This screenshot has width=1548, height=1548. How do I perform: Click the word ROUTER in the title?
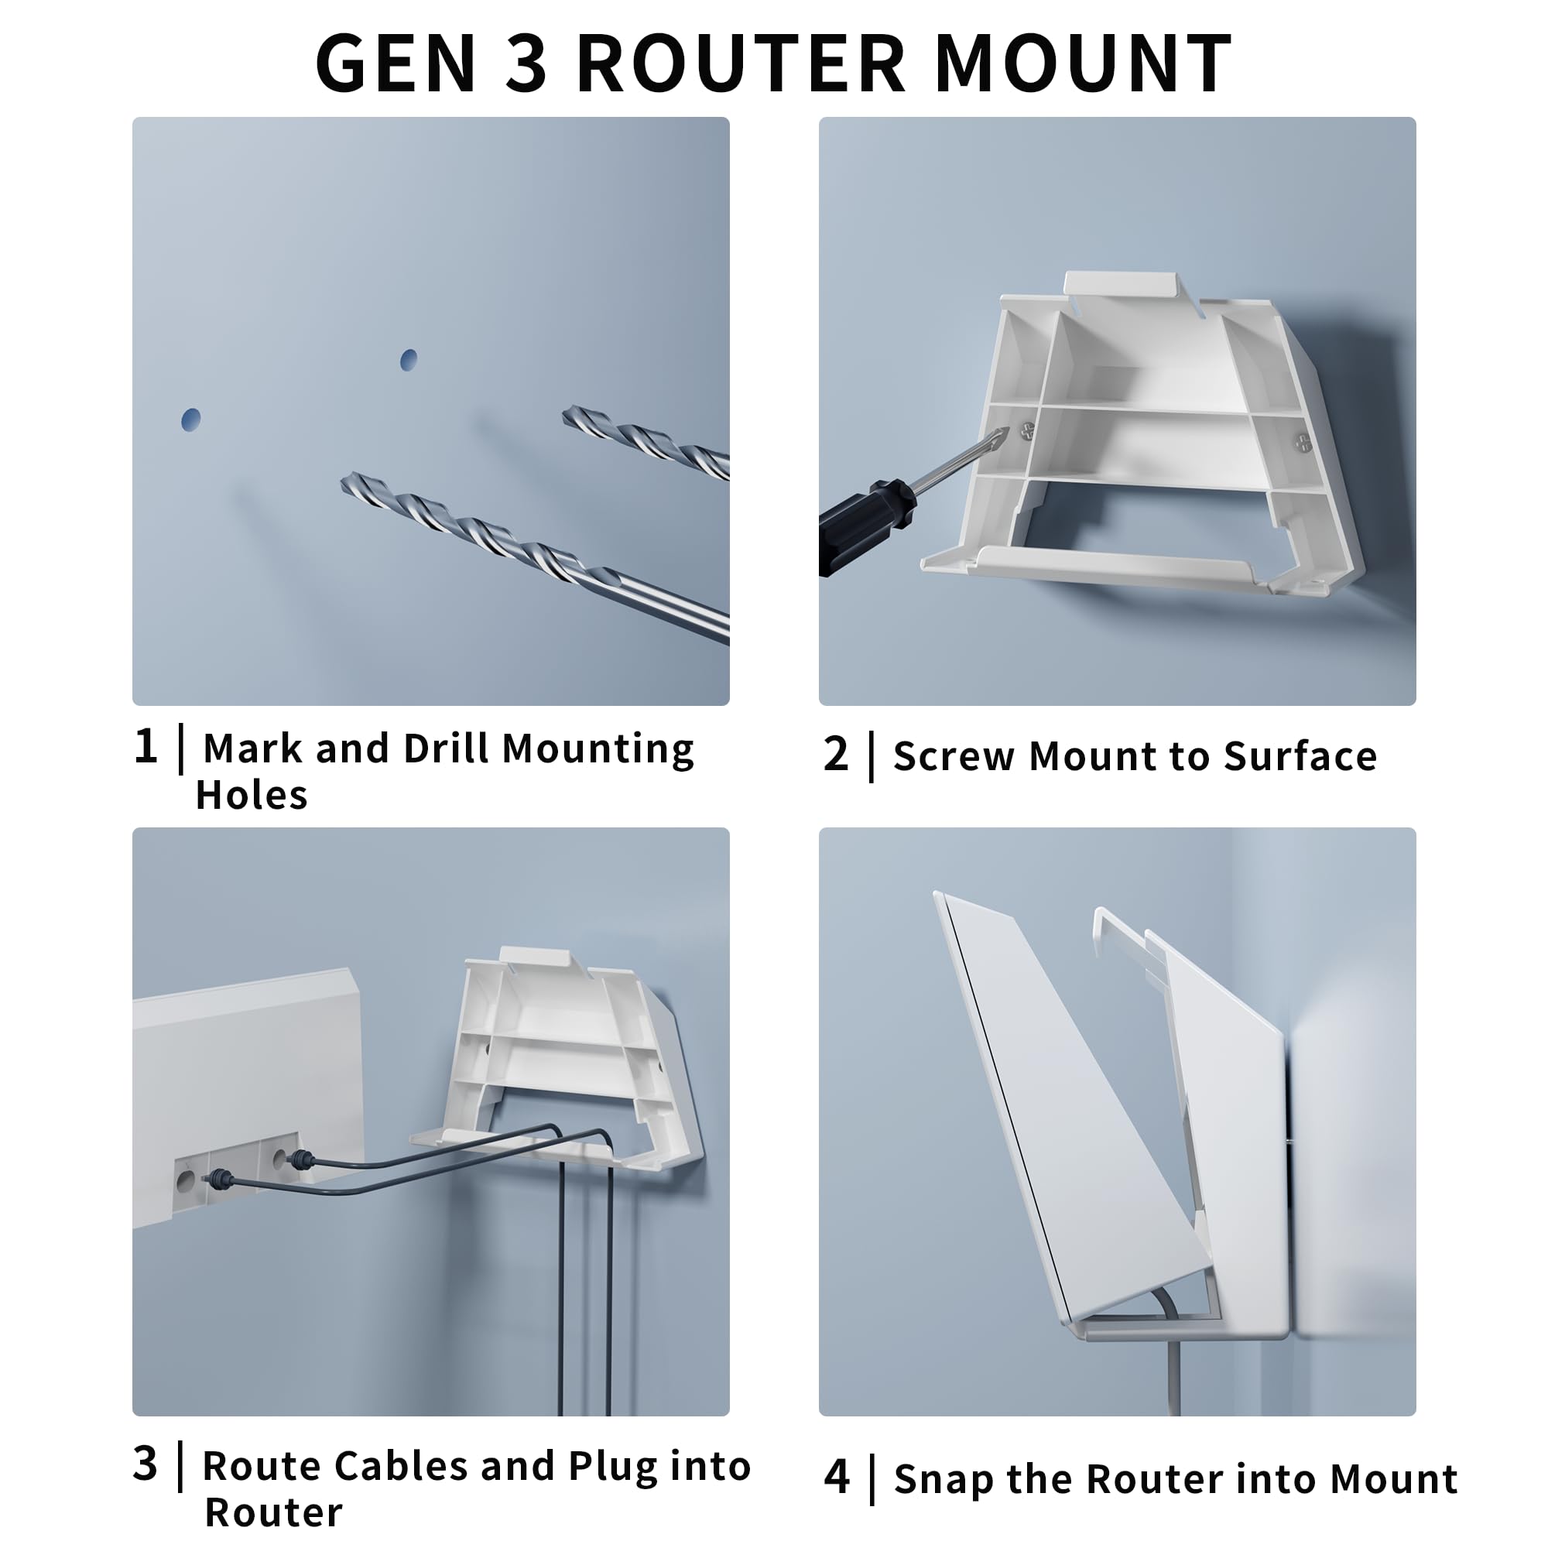click(x=742, y=64)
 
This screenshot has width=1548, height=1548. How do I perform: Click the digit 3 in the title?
click(x=526, y=64)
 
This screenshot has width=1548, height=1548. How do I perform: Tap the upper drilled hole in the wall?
click(x=409, y=360)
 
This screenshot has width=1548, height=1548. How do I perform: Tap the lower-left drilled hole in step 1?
click(x=190, y=419)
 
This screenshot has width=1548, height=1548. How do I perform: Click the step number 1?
click(x=146, y=747)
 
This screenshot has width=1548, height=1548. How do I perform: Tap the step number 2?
click(x=836, y=755)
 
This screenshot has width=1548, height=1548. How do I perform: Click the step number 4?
click(x=837, y=1477)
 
